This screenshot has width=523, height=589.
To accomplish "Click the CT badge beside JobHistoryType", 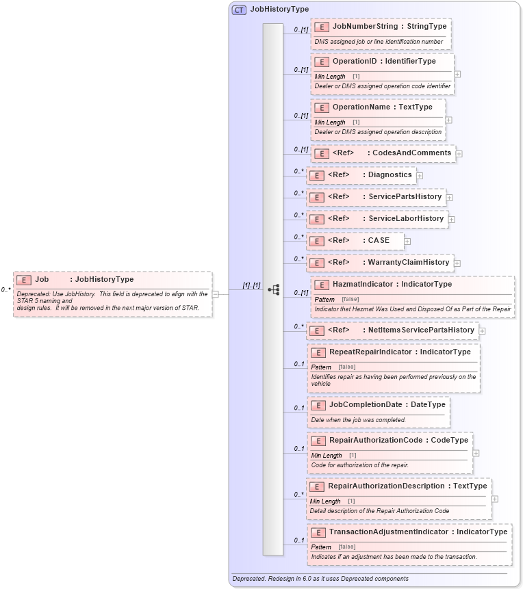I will coord(239,10).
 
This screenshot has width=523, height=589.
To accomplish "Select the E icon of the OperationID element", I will coord(322,62).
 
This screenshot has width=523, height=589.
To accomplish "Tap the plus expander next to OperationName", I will coord(449,120).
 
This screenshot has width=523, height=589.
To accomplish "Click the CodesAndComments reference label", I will coord(411,153).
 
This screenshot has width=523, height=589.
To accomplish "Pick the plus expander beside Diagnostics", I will coord(420,176).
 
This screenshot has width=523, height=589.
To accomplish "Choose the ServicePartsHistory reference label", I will coord(405,197).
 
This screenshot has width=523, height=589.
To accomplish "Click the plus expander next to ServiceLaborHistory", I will coord(452,220).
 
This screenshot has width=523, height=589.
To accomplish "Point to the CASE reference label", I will coord(379,241).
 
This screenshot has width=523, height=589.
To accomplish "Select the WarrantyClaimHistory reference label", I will coord(409,262).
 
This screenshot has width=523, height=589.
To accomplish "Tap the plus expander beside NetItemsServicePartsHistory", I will coord(482,331).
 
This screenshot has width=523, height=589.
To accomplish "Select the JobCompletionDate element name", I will coord(365,404).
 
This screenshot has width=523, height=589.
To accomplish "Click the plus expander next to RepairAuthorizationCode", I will coord(476,453).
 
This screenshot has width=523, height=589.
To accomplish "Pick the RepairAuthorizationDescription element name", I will coord(386,486).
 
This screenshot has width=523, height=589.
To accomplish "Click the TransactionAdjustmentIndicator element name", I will coord(388,532).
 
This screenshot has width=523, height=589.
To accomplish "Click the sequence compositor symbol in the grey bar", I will coord(273,290).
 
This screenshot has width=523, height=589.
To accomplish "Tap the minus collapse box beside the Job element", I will coord(216,294).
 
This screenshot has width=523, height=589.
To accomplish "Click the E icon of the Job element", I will coord(24,280).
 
